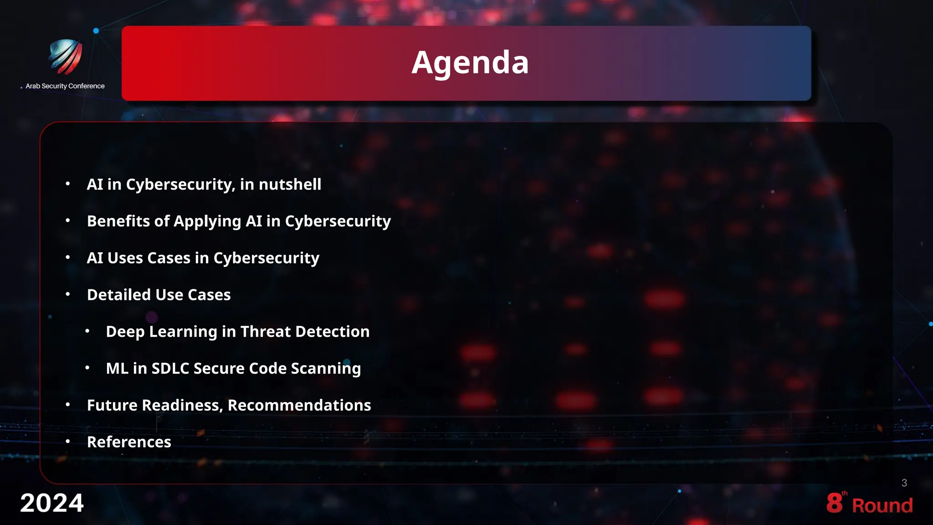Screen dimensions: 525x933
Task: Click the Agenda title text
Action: [470, 62]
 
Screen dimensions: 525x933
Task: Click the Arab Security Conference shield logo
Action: [65, 57]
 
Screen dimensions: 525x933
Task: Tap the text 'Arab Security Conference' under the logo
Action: [65, 86]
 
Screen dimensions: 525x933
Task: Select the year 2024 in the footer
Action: [52, 503]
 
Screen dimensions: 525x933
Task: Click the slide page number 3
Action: [904, 483]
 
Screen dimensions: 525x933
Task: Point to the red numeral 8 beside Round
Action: [834, 503]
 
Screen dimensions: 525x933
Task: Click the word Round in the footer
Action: [882, 505]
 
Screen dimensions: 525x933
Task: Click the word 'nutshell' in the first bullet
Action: [290, 185]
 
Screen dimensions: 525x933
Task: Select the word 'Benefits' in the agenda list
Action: [118, 221]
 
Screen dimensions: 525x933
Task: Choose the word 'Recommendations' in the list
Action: [299, 405]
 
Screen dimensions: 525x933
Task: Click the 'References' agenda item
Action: [129, 442]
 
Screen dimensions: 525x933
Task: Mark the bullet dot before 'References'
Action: [68, 441]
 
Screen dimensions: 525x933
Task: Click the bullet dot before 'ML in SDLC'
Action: [87, 367]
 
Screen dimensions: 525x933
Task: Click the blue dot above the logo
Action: [96, 31]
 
